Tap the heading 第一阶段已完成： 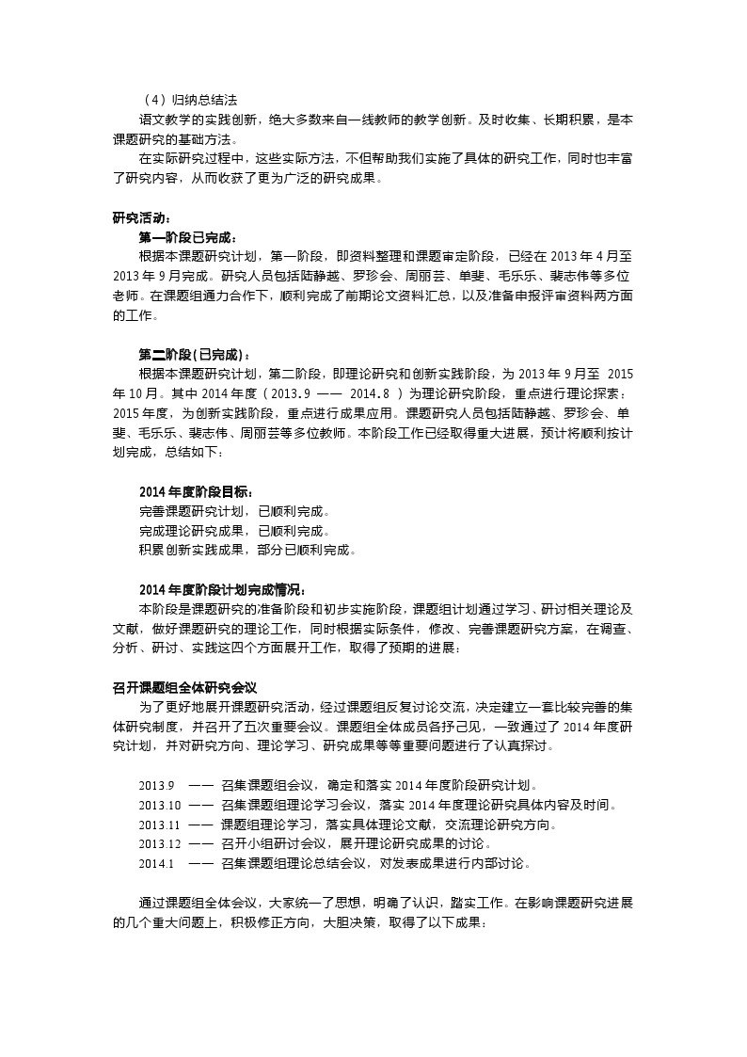coord(187,237)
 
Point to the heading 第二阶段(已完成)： coord(194,355)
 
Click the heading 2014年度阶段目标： coord(195,492)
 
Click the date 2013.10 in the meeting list coord(159,806)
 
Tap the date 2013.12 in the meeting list coord(159,843)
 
